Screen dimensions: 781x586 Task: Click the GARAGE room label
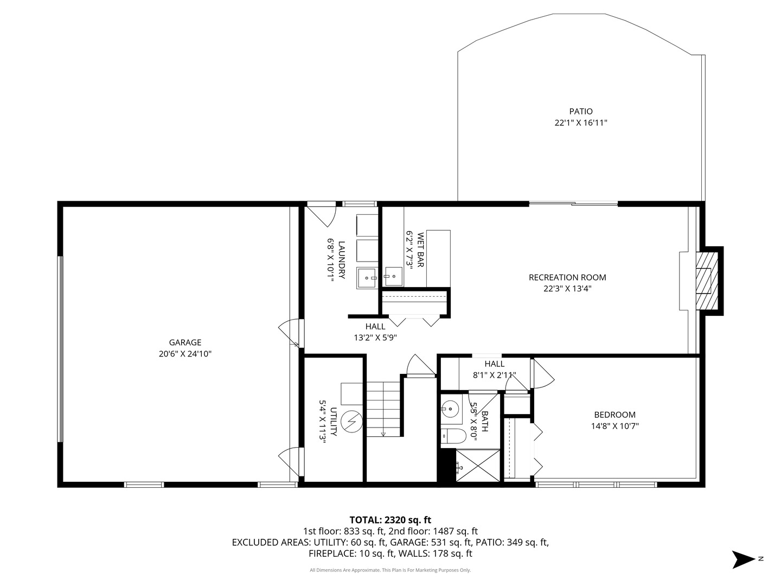[x=185, y=342]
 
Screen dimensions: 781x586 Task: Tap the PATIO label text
[x=581, y=111]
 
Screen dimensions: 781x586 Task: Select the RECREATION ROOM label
[x=567, y=277]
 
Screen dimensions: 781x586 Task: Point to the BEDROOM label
[x=615, y=415]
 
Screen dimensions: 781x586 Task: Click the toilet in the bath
[x=453, y=436]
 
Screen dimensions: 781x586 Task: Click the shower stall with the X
[x=478, y=466]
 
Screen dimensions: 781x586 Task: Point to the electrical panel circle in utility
[x=351, y=422]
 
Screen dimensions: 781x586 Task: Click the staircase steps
[x=383, y=409]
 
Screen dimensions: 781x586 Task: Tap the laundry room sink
[x=368, y=278]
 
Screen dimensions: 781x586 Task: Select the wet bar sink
[x=393, y=276]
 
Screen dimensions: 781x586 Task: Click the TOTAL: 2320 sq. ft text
[x=390, y=520]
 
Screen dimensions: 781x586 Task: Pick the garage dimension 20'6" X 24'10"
[x=185, y=354]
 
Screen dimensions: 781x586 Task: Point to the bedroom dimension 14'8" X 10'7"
[x=615, y=426]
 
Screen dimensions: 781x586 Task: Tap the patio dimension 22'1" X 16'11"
[x=581, y=123]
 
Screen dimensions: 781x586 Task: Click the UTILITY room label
[x=334, y=422]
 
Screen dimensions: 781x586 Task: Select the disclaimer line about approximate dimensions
[x=390, y=570]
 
